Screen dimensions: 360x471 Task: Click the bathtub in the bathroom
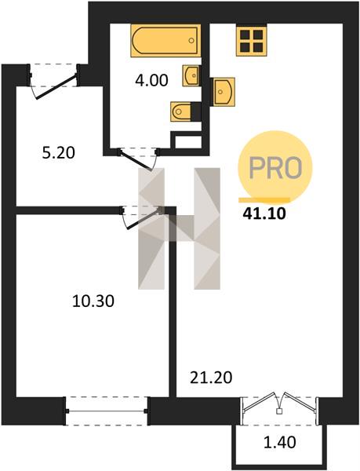(x=165, y=41)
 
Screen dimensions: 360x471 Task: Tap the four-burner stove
(x=252, y=41)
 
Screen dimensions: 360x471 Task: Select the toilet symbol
(x=181, y=111)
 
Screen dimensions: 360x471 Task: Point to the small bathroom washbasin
(x=191, y=75)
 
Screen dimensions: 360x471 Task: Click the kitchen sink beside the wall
(x=224, y=92)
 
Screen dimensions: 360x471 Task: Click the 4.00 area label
(x=151, y=81)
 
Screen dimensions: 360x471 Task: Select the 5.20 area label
(x=59, y=152)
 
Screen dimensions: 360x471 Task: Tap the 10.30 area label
(x=93, y=301)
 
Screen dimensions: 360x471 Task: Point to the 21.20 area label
(x=211, y=378)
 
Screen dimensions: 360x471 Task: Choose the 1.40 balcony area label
(x=279, y=442)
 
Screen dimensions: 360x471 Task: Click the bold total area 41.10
(x=264, y=214)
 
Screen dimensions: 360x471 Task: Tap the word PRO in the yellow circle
(x=275, y=168)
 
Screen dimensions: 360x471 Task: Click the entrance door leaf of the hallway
(x=56, y=86)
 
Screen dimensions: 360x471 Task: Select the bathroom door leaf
(x=136, y=161)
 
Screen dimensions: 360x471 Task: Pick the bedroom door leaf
(x=144, y=219)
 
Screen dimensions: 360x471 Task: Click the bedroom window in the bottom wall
(x=107, y=411)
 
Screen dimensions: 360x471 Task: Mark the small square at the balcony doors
(x=279, y=411)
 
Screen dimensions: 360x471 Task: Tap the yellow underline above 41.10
(x=264, y=199)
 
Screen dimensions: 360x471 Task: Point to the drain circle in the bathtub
(x=191, y=41)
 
